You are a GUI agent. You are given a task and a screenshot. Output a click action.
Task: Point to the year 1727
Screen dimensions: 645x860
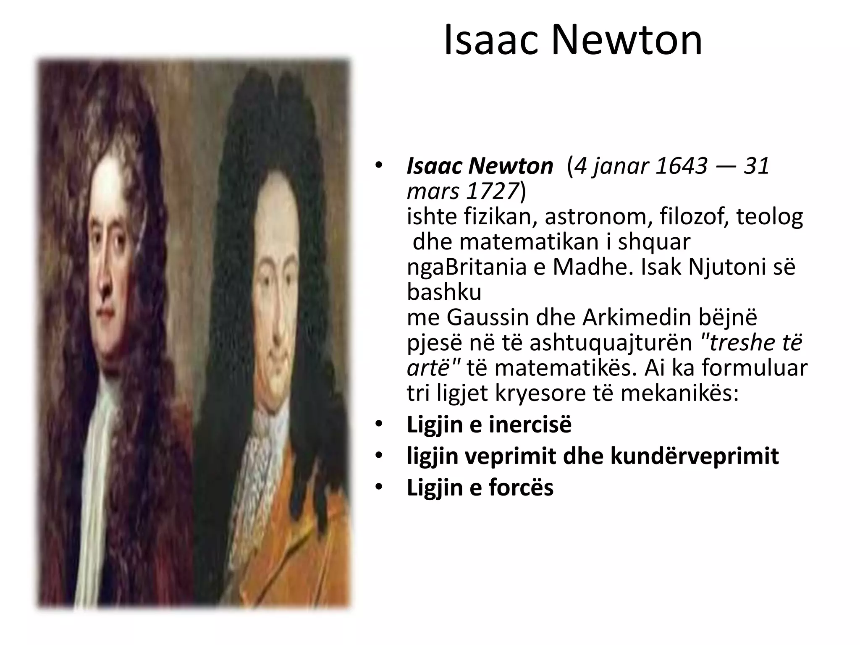coord(491,191)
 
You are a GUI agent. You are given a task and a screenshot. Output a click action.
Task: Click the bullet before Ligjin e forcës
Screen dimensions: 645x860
coord(379,488)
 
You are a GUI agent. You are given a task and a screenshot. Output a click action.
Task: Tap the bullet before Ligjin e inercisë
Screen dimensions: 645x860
coord(379,425)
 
